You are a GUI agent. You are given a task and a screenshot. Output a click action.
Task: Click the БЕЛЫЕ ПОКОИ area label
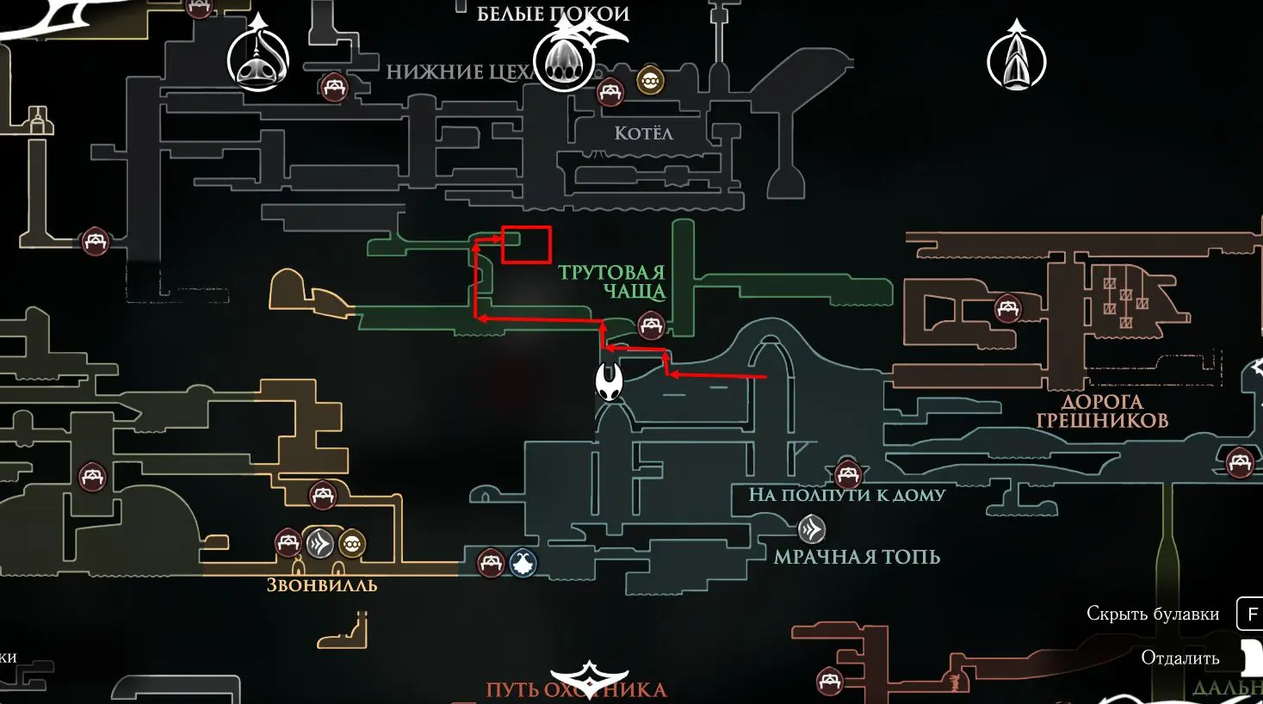coord(554,14)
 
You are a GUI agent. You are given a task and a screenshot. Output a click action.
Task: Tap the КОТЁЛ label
coord(643,133)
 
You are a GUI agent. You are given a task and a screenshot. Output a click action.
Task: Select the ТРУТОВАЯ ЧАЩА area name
coord(612,282)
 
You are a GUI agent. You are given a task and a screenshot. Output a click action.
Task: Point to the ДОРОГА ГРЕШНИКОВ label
coord(1101,411)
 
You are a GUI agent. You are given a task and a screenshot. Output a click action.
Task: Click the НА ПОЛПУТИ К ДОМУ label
coord(847,495)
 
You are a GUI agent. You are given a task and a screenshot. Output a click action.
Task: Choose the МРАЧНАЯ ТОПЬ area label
coord(857,557)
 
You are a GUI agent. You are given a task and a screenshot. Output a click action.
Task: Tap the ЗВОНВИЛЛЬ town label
coord(322,585)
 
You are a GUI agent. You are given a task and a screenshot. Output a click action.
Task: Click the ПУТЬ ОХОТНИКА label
coord(576,690)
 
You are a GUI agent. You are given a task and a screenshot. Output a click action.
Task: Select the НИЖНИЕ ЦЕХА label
coord(461,71)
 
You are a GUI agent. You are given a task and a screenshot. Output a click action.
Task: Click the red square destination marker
coord(526,245)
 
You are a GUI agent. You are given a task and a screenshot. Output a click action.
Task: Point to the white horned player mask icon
coord(610,381)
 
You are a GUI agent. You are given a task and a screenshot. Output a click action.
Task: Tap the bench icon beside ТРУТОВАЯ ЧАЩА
coord(651,325)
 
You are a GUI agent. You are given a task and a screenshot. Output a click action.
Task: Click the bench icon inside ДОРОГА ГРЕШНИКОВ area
coord(1008,307)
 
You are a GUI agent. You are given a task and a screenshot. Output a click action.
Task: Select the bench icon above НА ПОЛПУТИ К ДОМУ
coord(848,473)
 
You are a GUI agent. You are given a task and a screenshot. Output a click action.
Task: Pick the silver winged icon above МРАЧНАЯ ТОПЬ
coord(811,528)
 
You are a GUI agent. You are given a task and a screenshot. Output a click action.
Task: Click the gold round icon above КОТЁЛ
coord(650,81)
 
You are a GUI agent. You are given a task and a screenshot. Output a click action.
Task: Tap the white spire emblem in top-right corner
coord(1017,59)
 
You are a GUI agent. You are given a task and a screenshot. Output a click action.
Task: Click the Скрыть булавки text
coord(1153,614)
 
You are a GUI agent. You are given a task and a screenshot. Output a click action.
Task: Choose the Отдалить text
coord(1179,658)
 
